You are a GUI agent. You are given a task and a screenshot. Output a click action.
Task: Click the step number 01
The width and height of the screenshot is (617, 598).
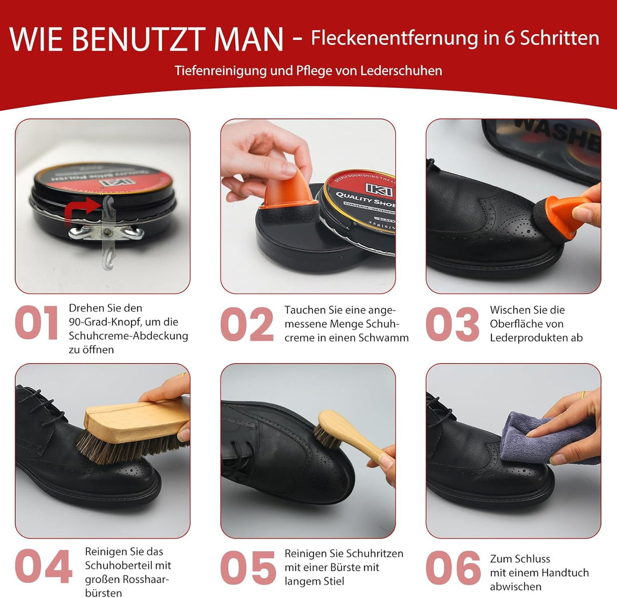coord(37,323)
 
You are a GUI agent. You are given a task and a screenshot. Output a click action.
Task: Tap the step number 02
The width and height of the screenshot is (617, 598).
coord(247,324)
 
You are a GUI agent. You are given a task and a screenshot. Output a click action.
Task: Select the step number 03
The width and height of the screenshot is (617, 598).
coord(452,324)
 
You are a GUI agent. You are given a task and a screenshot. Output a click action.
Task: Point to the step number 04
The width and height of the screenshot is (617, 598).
coord(43,567)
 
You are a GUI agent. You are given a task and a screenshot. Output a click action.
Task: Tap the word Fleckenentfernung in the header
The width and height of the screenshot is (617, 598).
coord(403,38)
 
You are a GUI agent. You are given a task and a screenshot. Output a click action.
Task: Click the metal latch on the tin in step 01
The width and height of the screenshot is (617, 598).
coord(105,231)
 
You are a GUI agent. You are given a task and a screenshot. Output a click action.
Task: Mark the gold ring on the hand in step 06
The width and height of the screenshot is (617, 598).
coord(582,395)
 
